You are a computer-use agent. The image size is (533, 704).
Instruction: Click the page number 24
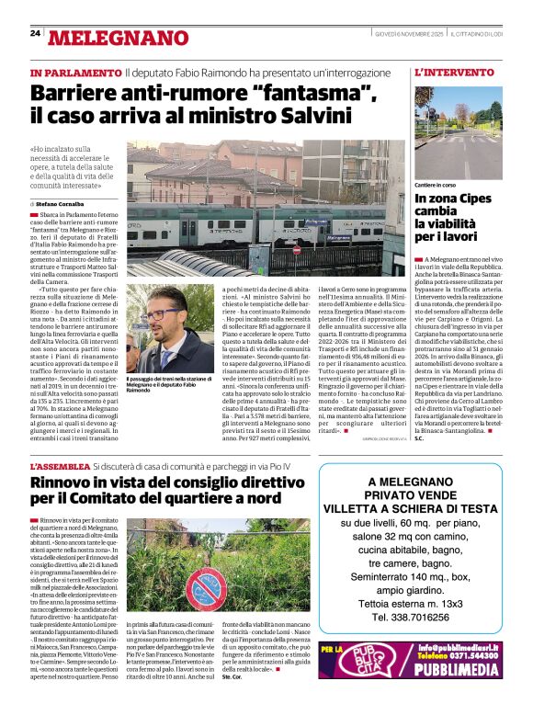35,33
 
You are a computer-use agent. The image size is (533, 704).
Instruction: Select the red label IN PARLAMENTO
75,72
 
